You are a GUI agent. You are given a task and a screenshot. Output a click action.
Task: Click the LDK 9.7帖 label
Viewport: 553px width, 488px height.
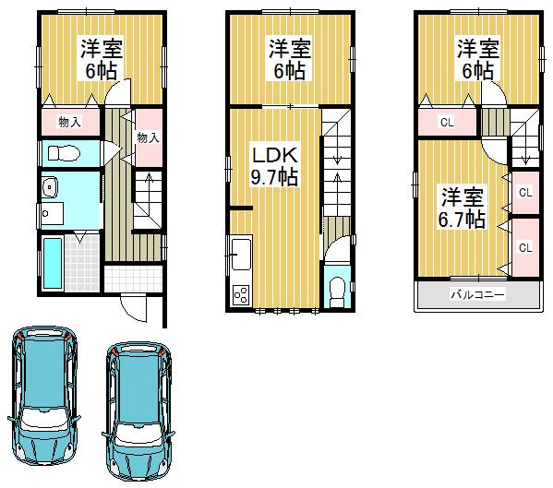[275, 164]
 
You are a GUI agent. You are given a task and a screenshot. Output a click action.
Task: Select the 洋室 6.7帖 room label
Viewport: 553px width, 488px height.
[462, 208]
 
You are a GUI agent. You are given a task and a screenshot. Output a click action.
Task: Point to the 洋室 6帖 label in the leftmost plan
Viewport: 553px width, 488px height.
[102, 59]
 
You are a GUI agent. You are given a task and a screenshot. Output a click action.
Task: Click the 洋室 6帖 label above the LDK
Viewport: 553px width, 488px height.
[289, 59]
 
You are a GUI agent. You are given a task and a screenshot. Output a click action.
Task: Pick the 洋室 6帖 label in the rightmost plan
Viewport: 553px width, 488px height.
[476, 59]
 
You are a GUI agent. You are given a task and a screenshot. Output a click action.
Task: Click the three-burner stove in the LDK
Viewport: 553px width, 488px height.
[241, 295]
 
